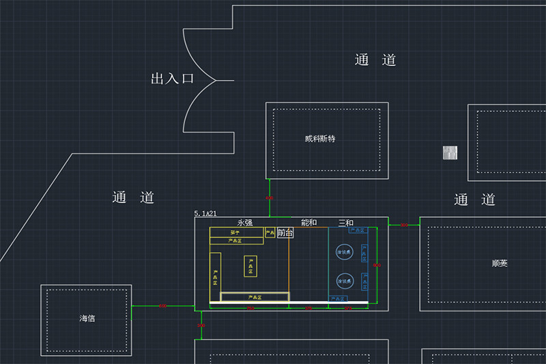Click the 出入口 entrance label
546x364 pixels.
172,79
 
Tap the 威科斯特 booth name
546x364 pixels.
320,139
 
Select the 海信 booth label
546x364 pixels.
87,318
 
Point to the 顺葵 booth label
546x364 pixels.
500,263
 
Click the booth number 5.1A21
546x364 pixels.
206,214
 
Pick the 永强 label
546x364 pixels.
244,223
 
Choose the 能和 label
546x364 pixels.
308,223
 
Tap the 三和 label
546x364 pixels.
346,223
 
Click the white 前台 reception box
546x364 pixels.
285,233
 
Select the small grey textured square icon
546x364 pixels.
450,154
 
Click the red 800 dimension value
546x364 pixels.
250,309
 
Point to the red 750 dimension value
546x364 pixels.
308,309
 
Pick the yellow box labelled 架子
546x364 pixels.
235,233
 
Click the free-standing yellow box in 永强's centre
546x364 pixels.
250,266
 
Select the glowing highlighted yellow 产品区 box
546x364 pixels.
254,297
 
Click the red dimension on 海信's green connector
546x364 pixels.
162,306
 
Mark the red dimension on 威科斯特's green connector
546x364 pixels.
269,198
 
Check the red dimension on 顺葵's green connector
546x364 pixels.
403,225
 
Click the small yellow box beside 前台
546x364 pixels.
270,233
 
